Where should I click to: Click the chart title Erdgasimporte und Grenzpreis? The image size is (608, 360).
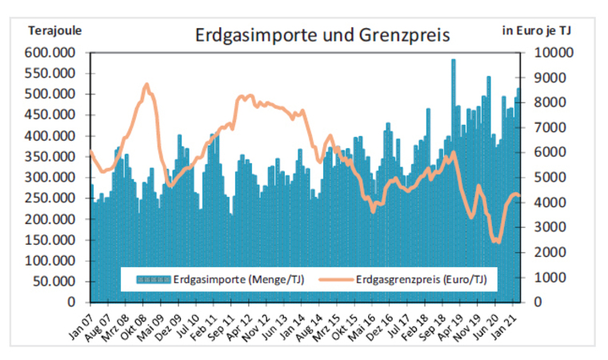(x=323, y=36)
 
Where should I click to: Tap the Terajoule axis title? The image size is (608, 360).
(x=55, y=31)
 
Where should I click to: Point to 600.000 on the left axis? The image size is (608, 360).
(x=50, y=53)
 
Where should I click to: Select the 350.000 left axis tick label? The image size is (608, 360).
(x=50, y=157)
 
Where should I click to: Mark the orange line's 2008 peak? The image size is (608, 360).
(x=146, y=84)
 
